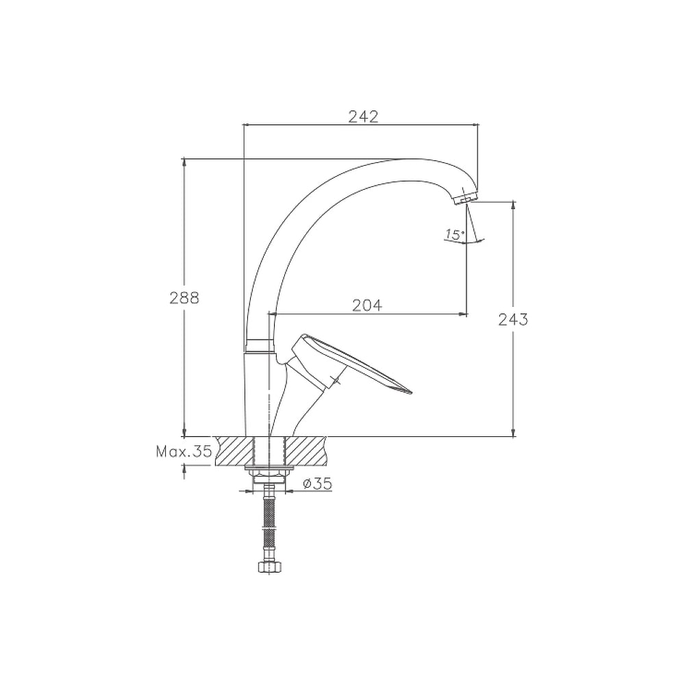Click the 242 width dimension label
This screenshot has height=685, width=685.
coord(363,116)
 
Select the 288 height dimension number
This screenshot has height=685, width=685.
coord(184,298)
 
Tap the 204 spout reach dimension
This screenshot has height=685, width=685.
coord(367,306)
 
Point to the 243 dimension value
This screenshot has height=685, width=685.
coord(513,320)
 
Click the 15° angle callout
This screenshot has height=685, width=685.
coord(455,234)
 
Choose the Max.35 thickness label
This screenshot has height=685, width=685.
coord(184,451)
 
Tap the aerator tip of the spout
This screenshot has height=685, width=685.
coord(465,198)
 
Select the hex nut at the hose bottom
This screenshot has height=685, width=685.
coord(269,566)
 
